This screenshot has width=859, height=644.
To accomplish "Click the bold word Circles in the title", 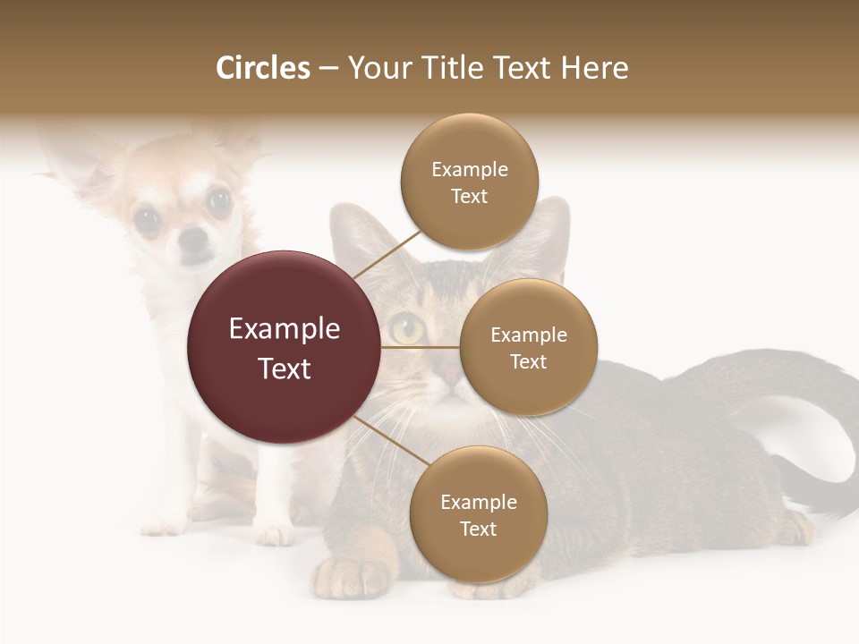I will point(262,68).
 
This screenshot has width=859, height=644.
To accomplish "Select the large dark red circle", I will point(284,347).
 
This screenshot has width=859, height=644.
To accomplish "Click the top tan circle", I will point(469,182).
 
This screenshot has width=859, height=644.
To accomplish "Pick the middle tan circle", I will point(528,347).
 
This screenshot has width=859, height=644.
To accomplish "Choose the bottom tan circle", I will point(478,514).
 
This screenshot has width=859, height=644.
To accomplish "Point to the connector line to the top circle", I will point(387,253).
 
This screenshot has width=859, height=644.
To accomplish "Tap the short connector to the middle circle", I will point(419,347).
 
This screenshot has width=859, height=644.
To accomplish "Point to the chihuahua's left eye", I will point(147,218).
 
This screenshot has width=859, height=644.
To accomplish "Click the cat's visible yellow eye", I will point(407,329).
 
